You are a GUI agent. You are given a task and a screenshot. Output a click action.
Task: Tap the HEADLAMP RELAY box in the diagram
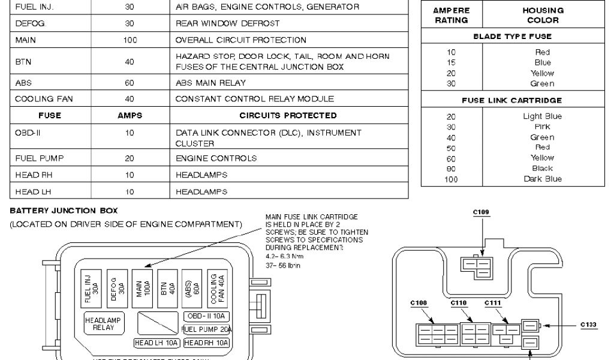(x=103, y=323)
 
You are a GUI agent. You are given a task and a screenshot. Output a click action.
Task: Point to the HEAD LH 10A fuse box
(x=156, y=343)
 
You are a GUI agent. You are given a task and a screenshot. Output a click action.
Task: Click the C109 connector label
(x=481, y=212)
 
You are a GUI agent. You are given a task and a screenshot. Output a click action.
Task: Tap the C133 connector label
(x=589, y=325)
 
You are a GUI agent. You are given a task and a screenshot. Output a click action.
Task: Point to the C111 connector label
(x=492, y=303)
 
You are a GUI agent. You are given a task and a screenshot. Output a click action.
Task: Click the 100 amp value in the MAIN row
(x=130, y=40)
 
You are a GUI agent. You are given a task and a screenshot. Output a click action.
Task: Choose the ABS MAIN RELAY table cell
(x=210, y=83)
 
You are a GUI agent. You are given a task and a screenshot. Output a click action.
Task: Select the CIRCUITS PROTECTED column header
(x=288, y=115)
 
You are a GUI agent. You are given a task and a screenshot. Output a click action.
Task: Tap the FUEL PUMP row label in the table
(x=35, y=158)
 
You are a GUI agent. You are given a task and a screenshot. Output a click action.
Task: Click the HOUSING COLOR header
(x=543, y=15)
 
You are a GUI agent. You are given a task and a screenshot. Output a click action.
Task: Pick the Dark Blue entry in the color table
(x=543, y=179)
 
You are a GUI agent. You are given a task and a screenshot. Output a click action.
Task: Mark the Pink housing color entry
(x=542, y=127)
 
